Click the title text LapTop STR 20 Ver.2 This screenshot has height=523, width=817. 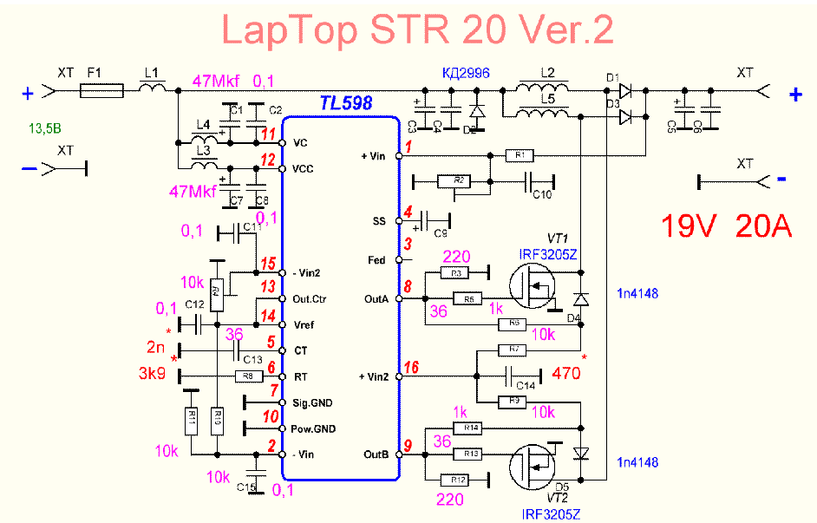418,30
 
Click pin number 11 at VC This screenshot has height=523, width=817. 269,134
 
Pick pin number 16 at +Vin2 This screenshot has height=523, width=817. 410,368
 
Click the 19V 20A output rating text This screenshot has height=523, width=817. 727,226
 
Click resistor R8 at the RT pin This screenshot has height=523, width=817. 248,376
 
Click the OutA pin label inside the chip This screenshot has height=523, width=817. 380,299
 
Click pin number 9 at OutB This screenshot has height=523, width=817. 408,447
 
